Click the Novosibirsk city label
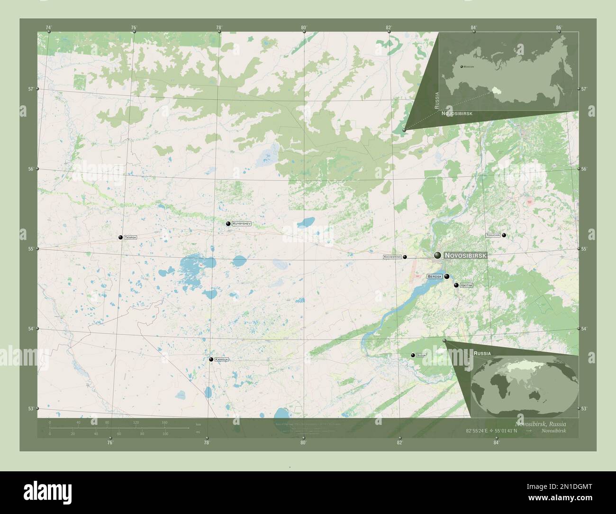(465, 256)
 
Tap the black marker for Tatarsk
(120, 237)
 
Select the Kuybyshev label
(242, 223)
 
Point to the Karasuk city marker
(211, 359)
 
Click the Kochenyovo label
(392, 257)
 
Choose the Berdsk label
(435, 276)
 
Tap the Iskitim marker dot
(456, 285)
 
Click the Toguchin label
(493, 235)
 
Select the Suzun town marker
(413, 355)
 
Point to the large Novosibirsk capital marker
(437, 256)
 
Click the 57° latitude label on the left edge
(30, 89)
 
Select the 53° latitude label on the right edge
(584, 408)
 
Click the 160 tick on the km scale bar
(164, 422)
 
